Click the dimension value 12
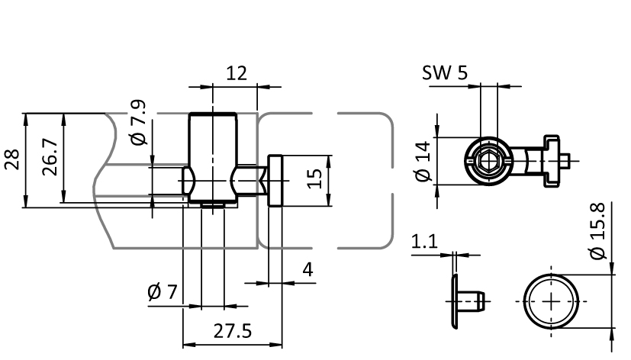(237, 73)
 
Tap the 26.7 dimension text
(50, 159)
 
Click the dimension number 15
(314, 179)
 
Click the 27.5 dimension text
(233, 333)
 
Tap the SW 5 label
(444, 73)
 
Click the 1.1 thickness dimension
(424, 242)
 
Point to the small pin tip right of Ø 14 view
(567, 161)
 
